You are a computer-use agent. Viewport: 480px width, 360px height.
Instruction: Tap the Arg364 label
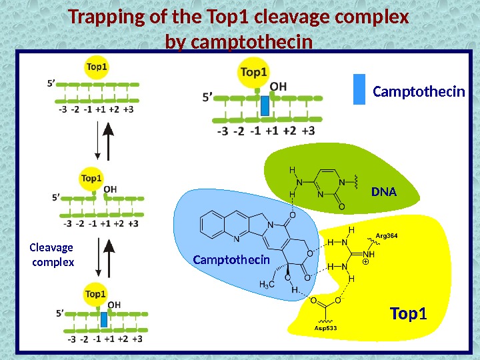tap(387, 235)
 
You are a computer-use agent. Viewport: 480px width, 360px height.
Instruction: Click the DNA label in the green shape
tap(383, 193)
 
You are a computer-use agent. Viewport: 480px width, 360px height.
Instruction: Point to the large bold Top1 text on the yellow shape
tap(408, 313)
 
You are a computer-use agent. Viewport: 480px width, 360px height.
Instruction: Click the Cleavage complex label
tap(53, 255)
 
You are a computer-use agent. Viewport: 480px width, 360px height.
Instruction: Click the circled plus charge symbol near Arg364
tap(365, 263)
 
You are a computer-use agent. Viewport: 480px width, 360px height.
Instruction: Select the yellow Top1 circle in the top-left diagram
tap(97, 67)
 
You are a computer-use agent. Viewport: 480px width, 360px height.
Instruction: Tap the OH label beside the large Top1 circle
tap(279, 87)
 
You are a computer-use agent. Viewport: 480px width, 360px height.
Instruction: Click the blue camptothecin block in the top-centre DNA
tap(265, 105)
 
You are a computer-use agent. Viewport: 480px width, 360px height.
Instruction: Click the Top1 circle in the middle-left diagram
tap(91, 179)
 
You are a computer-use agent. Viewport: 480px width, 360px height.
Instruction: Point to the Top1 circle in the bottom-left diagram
tap(96, 294)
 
